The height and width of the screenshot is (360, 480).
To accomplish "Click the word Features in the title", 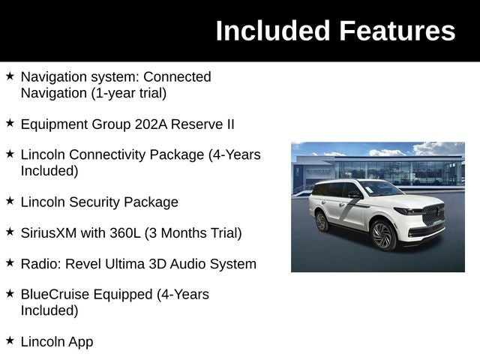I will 397,31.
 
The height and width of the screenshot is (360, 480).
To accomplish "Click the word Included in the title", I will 273,31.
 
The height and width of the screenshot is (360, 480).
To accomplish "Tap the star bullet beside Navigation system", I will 10,76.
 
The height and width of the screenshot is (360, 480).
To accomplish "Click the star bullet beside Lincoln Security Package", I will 10,201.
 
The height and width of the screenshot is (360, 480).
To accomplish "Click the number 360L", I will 127,233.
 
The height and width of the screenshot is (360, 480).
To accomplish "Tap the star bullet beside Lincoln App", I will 10,340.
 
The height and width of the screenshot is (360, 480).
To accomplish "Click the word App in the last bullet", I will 80,342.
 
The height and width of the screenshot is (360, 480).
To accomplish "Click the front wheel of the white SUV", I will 383,235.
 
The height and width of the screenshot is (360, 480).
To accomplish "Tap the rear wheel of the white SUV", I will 322,220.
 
